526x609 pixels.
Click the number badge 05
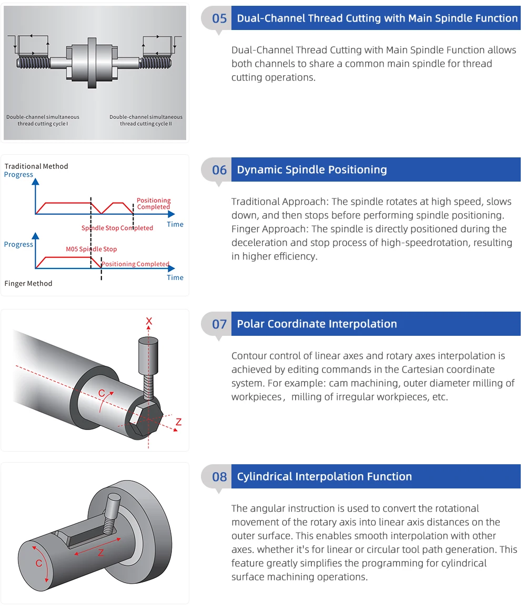click(x=219, y=18)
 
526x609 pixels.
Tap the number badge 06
click(x=219, y=170)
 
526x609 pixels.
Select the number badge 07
click(x=219, y=324)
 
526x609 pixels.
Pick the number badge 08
click(x=219, y=477)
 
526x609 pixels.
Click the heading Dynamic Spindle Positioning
click(x=312, y=170)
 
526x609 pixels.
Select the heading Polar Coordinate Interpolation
click(x=317, y=324)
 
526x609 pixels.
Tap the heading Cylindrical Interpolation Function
click(x=324, y=477)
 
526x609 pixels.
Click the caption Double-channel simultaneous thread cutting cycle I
click(x=43, y=121)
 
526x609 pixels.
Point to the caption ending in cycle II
click(x=146, y=121)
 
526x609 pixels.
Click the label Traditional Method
click(x=36, y=166)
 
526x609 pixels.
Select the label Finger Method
click(x=28, y=284)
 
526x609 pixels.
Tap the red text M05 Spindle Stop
click(x=91, y=249)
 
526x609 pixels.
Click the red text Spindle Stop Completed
click(x=117, y=228)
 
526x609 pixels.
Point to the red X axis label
click(x=149, y=321)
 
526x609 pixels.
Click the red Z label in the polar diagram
click(x=178, y=422)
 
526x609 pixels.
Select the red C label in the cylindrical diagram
click(x=38, y=563)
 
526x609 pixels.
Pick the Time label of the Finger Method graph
click(x=175, y=278)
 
